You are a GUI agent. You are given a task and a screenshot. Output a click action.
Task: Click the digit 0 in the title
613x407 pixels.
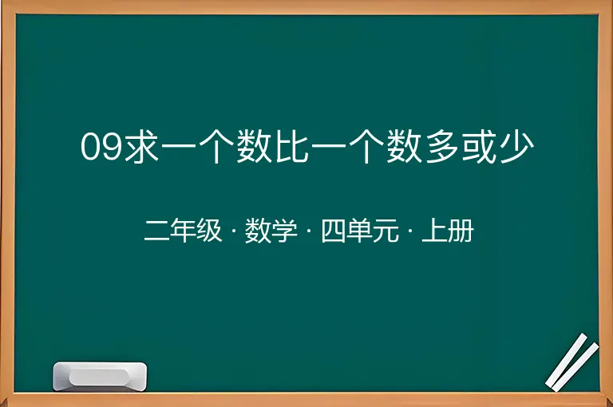coord(90,147)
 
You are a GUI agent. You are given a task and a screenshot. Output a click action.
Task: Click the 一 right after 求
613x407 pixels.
coord(179,147)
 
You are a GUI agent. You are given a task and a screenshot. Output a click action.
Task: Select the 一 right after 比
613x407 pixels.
coord(329,147)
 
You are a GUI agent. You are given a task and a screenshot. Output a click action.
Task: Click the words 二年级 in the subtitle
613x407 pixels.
coord(183,231)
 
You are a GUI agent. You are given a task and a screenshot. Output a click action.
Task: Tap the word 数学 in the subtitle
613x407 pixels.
coord(271,231)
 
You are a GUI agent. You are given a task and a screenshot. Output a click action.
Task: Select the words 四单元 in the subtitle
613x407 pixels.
coord(360,231)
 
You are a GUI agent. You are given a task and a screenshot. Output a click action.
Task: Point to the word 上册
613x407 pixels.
coord(448,231)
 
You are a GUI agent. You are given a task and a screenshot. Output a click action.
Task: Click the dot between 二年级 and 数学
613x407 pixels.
coord(234,231)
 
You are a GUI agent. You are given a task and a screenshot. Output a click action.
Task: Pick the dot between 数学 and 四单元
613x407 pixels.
coord(309,231)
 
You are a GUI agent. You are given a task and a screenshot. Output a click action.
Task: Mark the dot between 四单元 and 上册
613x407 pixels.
coord(410,231)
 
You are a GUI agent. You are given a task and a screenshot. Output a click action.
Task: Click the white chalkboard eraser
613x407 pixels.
coord(100,376)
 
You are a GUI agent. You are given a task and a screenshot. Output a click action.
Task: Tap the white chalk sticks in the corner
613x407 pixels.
coord(572,362)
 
